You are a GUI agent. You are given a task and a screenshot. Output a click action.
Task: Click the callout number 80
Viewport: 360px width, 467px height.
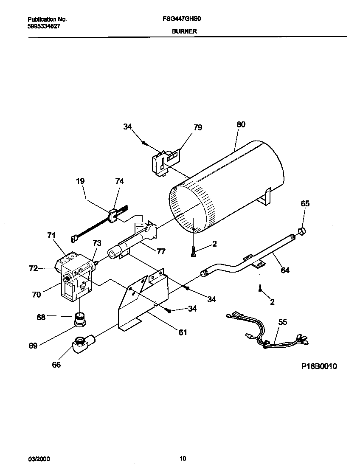point(241,124)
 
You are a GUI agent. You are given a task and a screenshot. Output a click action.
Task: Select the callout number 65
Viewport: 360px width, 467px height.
point(305,203)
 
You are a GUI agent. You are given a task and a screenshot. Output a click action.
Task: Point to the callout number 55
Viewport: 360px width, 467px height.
point(283,322)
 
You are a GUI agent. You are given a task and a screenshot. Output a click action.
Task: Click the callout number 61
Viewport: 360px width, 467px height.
point(183,332)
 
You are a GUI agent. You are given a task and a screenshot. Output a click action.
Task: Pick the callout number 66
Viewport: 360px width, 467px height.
point(56,364)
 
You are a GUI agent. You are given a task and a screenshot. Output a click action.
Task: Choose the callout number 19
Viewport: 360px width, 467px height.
point(80,181)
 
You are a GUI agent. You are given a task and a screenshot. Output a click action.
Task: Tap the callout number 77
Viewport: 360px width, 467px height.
point(160,251)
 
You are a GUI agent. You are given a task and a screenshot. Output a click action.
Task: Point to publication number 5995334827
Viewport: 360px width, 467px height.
point(44,26)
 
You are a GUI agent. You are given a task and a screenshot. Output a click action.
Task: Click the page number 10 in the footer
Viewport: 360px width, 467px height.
point(183,458)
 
